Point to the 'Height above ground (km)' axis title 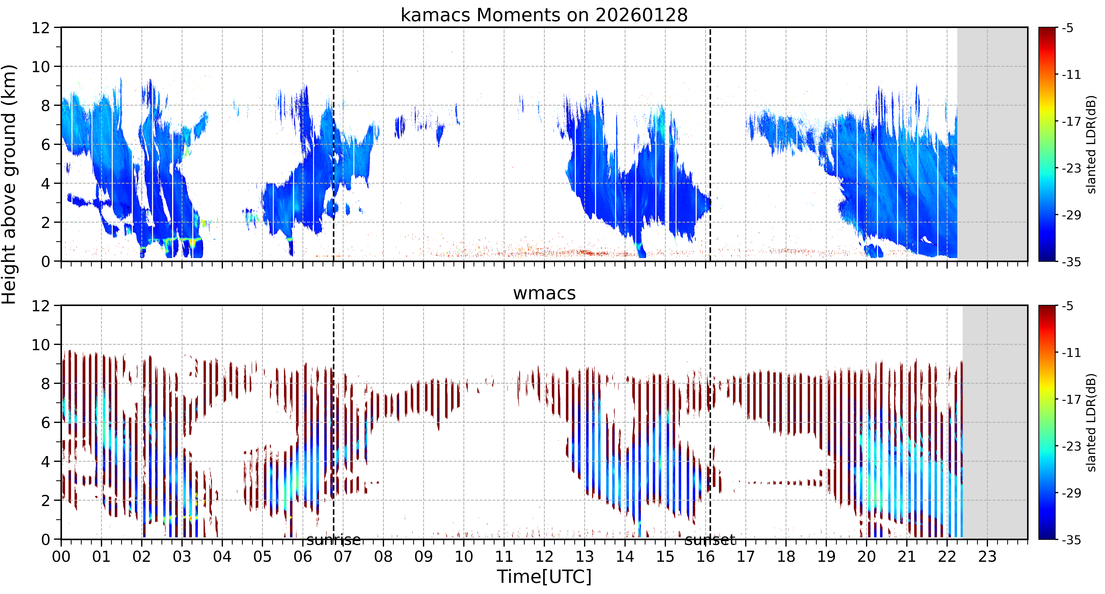(9, 184)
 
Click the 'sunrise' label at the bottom (333, 540)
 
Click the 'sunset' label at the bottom (710, 540)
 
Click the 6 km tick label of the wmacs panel (45, 423)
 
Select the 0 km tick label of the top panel (45, 261)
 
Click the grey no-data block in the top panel (992, 144)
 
